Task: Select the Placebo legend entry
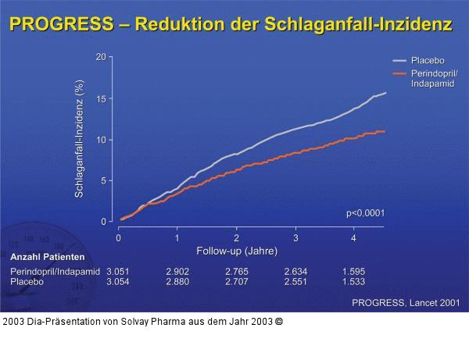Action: (x=427, y=60)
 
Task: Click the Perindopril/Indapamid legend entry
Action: (x=434, y=78)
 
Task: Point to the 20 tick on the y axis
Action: (x=101, y=58)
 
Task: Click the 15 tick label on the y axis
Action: (x=101, y=99)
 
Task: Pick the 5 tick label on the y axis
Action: (x=103, y=181)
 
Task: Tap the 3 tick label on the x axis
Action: (x=295, y=237)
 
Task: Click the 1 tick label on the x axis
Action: (x=177, y=237)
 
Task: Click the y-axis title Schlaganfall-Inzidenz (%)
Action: (x=79, y=140)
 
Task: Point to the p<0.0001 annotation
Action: (x=366, y=212)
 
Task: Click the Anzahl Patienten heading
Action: (x=47, y=258)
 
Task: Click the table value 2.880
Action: (x=177, y=281)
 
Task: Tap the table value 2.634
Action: (x=295, y=271)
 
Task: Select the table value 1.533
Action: (x=353, y=281)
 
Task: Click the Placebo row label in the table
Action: (x=27, y=281)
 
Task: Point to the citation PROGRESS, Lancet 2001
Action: (x=406, y=302)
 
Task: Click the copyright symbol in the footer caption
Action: (x=279, y=321)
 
